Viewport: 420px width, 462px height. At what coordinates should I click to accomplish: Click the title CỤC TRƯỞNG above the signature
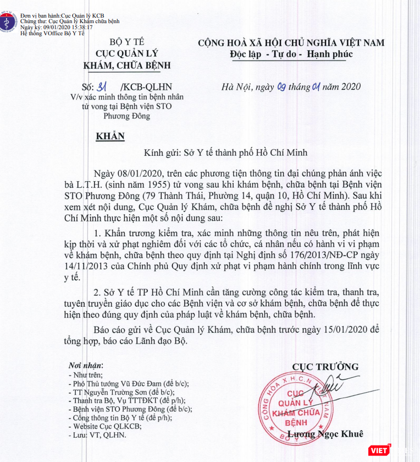[x=325, y=366]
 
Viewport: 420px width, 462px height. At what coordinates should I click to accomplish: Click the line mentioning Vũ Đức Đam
[x=131, y=384]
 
